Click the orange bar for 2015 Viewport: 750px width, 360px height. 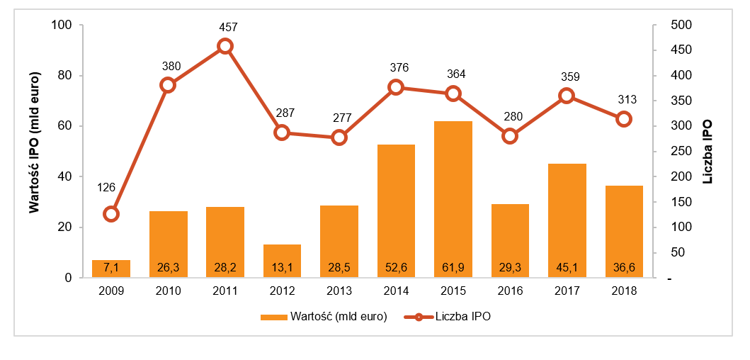click(453, 199)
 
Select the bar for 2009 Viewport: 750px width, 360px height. click(111, 269)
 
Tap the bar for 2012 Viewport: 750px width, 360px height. click(282, 261)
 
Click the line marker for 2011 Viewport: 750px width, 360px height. click(225, 46)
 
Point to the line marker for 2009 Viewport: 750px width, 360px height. click(111, 214)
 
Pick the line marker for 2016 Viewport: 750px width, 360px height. click(510, 136)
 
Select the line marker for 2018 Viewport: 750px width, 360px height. click(624, 119)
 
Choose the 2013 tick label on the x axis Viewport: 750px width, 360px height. click(339, 291)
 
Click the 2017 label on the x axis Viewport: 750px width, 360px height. click(567, 291)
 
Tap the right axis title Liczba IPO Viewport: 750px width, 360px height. click(708, 151)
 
